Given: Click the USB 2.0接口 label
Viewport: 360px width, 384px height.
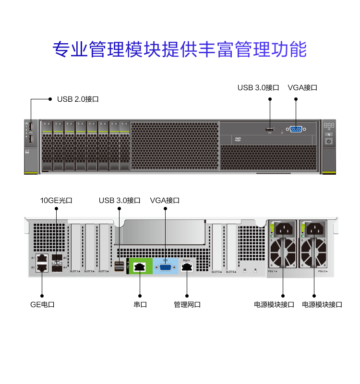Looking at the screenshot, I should pyautogui.click(x=78, y=99).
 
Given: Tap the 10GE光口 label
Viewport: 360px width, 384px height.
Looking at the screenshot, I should pyautogui.click(x=56, y=201).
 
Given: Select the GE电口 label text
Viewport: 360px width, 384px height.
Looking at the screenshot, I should pyautogui.click(x=42, y=304).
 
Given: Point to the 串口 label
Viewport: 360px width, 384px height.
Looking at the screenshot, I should pyautogui.click(x=140, y=304).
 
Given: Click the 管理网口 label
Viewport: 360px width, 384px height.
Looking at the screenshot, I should pyautogui.click(x=187, y=304).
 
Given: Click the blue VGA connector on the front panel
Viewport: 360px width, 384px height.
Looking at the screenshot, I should pyautogui.click(x=295, y=129).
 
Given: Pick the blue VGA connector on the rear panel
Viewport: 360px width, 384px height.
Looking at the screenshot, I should pyautogui.click(x=165, y=267).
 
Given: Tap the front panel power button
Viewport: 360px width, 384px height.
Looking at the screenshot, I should pyautogui.click(x=329, y=141).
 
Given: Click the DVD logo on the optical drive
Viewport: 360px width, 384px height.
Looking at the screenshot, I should pyautogui.click(x=238, y=139).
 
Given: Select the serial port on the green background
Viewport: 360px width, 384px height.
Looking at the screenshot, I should pyautogui.click(x=140, y=267).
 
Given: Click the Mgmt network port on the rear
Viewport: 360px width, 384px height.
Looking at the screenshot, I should pyautogui.click(x=187, y=267).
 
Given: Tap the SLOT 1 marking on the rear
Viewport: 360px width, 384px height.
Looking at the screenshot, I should pyautogui.click(x=75, y=272).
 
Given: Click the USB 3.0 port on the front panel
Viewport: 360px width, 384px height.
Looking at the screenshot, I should pyautogui.click(x=270, y=129).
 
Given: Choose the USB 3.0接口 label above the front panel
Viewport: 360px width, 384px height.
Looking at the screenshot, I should pyautogui.click(x=258, y=87).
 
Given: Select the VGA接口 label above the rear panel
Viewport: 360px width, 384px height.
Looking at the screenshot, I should pyautogui.click(x=165, y=201).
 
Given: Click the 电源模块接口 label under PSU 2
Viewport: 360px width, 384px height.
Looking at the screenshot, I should pyautogui.click(x=322, y=304).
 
